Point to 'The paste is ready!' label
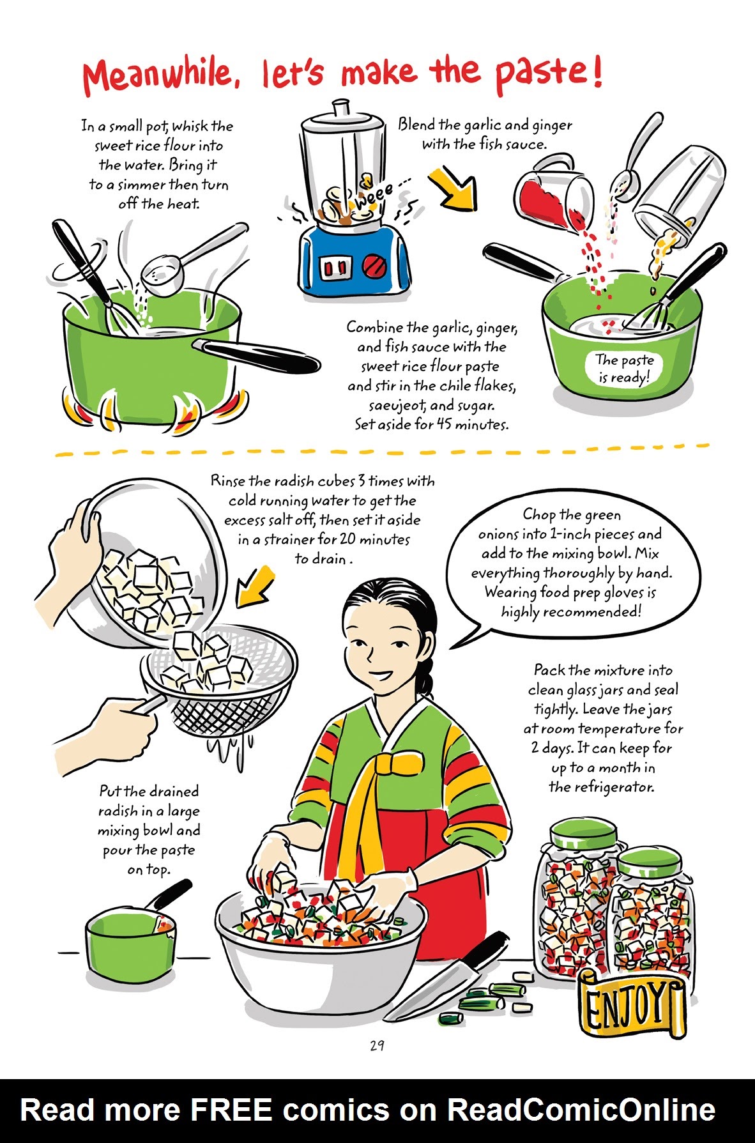click(623, 369)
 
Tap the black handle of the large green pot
click(259, 355)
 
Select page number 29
click(376, 1045)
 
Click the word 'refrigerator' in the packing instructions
click(601, 787)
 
